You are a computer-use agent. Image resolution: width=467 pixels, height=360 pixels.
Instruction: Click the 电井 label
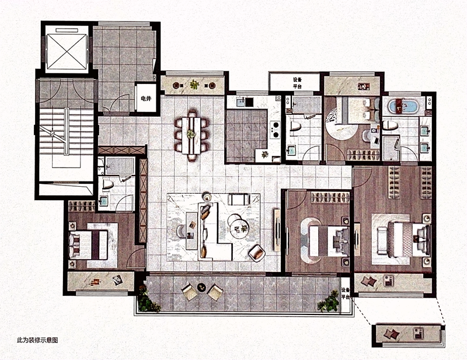tap(145, 99)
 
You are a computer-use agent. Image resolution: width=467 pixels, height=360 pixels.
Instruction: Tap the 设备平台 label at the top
tap(297, 83)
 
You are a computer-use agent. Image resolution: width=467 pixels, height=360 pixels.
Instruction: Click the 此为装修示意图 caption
tap(37, 340)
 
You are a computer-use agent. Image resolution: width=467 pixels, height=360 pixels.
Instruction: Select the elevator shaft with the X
tap(67, 51)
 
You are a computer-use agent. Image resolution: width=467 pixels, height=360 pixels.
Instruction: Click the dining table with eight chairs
tap(191, 135)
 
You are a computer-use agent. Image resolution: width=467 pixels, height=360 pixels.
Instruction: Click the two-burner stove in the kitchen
tap(275, 129)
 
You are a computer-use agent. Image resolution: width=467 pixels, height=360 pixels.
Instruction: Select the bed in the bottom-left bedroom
tap(89, 244)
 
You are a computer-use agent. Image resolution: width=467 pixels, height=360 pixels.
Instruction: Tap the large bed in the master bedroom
tap(409, 240)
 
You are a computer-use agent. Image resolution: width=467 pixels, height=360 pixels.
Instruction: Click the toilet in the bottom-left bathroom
tap(107, 184)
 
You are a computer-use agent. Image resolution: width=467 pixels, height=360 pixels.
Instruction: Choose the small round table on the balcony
tap(202, 287)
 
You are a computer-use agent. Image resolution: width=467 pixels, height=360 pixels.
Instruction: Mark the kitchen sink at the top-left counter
tap(240, 103)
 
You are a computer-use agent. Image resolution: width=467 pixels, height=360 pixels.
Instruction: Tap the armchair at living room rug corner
tap(257, 253)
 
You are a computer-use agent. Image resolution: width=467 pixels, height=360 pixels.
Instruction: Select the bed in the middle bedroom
tap(329, 241)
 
